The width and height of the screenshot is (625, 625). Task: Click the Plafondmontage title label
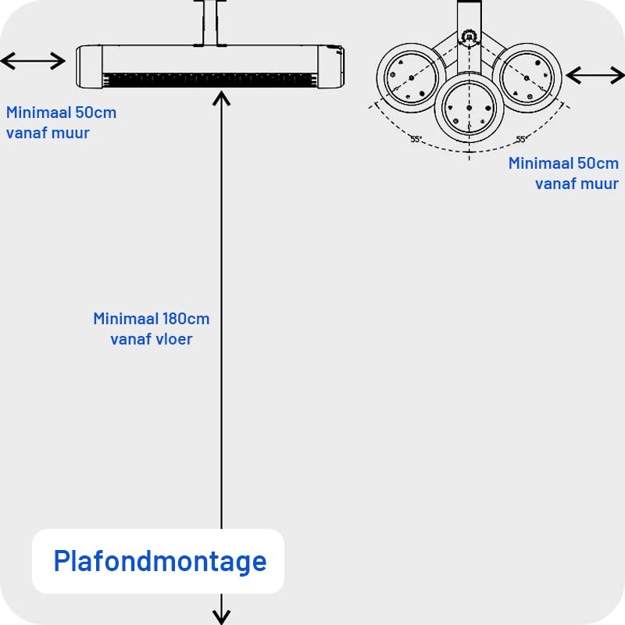click(159, 561)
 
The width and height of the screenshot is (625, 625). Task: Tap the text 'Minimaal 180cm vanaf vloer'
click(151, 329)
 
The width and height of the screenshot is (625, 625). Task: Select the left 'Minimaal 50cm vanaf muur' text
click(61, 123)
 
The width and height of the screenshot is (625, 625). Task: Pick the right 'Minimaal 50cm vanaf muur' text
click(563, 173)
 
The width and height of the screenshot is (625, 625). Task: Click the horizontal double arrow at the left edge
click(34, 61)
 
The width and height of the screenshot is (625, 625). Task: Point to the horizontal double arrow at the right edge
click(595, 75)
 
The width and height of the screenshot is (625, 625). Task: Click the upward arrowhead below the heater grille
click(222, 98)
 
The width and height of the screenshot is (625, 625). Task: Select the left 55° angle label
click(416, 139)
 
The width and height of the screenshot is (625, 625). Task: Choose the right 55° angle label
click(520, 139)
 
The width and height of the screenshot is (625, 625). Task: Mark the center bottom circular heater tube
click(469, 106)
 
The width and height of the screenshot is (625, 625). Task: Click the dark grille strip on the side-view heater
click(209, 80)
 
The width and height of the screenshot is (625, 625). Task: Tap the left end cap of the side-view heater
click(90, 66)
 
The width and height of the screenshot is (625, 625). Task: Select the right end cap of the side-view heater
click(330, 66)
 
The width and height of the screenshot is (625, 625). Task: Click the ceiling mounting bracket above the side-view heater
click(209, 23)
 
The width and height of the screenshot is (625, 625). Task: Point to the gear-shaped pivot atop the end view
click(469, 37)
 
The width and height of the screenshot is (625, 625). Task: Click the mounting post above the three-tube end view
click(469, 14)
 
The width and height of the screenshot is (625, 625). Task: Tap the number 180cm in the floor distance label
click(186, 319)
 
